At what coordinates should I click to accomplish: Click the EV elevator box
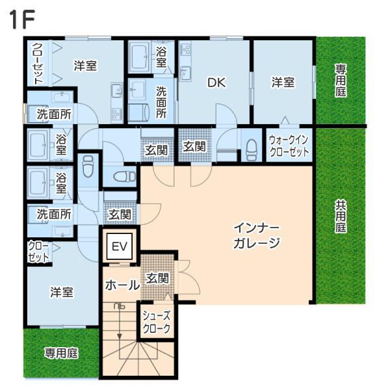[120, 246]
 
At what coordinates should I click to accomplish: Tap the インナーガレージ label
[257, 235]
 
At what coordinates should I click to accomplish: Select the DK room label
[216, 83]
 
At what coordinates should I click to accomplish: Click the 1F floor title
[22, 19]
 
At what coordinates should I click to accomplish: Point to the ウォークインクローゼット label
[289, 146]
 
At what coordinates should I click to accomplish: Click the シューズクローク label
[157, 322]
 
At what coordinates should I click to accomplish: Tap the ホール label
[122, 285]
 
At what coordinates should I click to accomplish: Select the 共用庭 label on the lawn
[341, 216]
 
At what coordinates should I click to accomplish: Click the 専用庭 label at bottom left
[61, 353]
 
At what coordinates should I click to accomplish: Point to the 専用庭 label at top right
[341, 81]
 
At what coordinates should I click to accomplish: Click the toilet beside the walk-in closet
[252, 150]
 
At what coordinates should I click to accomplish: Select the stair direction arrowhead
[120, 336]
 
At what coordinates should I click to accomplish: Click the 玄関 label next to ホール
[157, 278]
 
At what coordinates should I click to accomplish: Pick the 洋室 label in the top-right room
[283, 83]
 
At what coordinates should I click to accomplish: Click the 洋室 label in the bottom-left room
[62, 292]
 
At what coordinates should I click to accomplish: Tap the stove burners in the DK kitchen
[185, 49]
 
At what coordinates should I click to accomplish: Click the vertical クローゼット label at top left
[38, 64]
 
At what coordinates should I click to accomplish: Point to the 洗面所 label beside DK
[161, 102]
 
